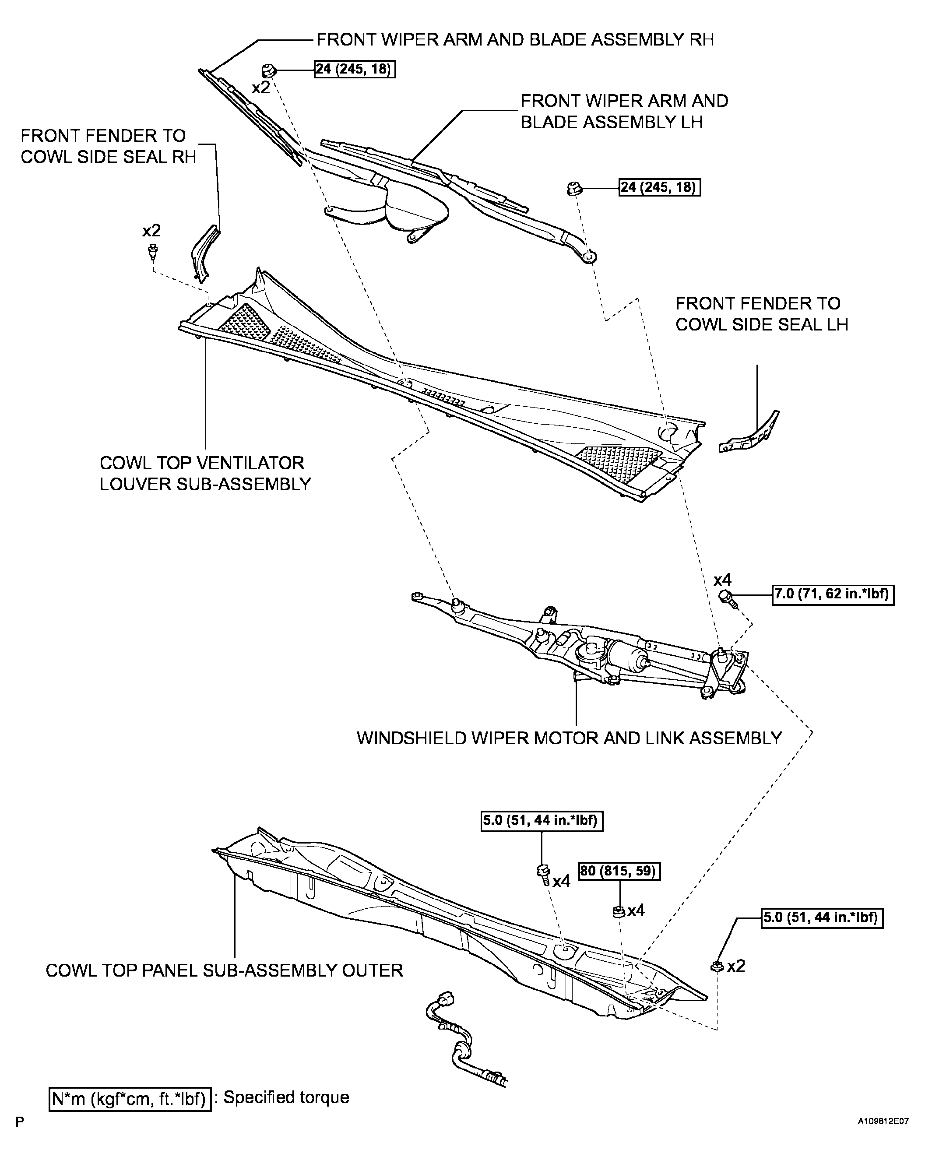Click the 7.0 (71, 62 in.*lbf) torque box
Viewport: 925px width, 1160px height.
pos(833,595)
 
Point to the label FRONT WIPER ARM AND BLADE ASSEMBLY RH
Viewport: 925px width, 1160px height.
pos(515,39)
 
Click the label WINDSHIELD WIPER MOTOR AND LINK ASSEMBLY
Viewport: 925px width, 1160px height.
pos(569,738)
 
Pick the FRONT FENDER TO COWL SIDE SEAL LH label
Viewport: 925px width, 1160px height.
pos(761,314)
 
